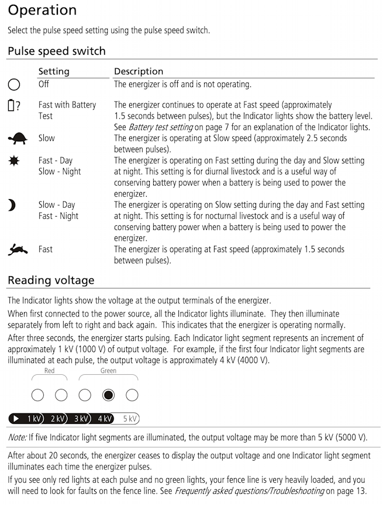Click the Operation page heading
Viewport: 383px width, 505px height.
click(x=42, y=11)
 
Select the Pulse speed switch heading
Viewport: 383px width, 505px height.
click(x=57, y=51)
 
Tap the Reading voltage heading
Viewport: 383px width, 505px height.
click(x=51, y=280)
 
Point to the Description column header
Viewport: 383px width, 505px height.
click(x=139, y=71)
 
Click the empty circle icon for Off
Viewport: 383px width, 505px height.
click(x=14, y=85)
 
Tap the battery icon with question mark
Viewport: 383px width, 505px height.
click(x=15, y=106)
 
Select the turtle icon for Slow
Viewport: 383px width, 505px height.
click(x=17, y=139)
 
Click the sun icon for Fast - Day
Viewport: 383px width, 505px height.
click(x=13, y=161)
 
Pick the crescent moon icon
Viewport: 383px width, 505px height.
click(x=12, y=205)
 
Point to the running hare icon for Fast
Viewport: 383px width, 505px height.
click(x=17, y=250)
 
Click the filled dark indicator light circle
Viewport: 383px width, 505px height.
click(x=108, y=395)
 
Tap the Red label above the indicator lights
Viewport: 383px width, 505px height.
click(x=50, y=371)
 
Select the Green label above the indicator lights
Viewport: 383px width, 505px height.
click(x=108, y=371)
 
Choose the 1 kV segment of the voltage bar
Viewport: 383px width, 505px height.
click(x=33, y=419)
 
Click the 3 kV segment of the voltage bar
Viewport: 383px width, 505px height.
click(x=81, y=419)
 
